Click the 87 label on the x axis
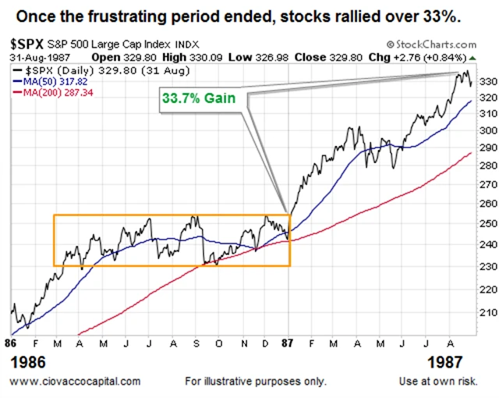[289, 343]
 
